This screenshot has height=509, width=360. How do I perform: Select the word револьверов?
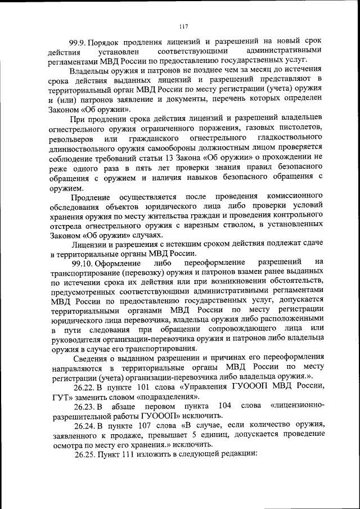click(x=71, y=138)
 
